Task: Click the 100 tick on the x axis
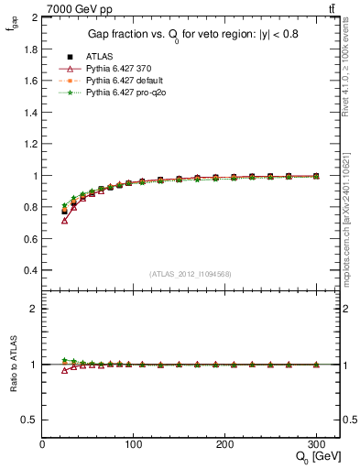click(x=134, y=443)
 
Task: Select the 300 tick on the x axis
click(x=316, y=443)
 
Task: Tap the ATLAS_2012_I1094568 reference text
click(x=191, y=274)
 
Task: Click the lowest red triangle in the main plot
click(x=65, y=221)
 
